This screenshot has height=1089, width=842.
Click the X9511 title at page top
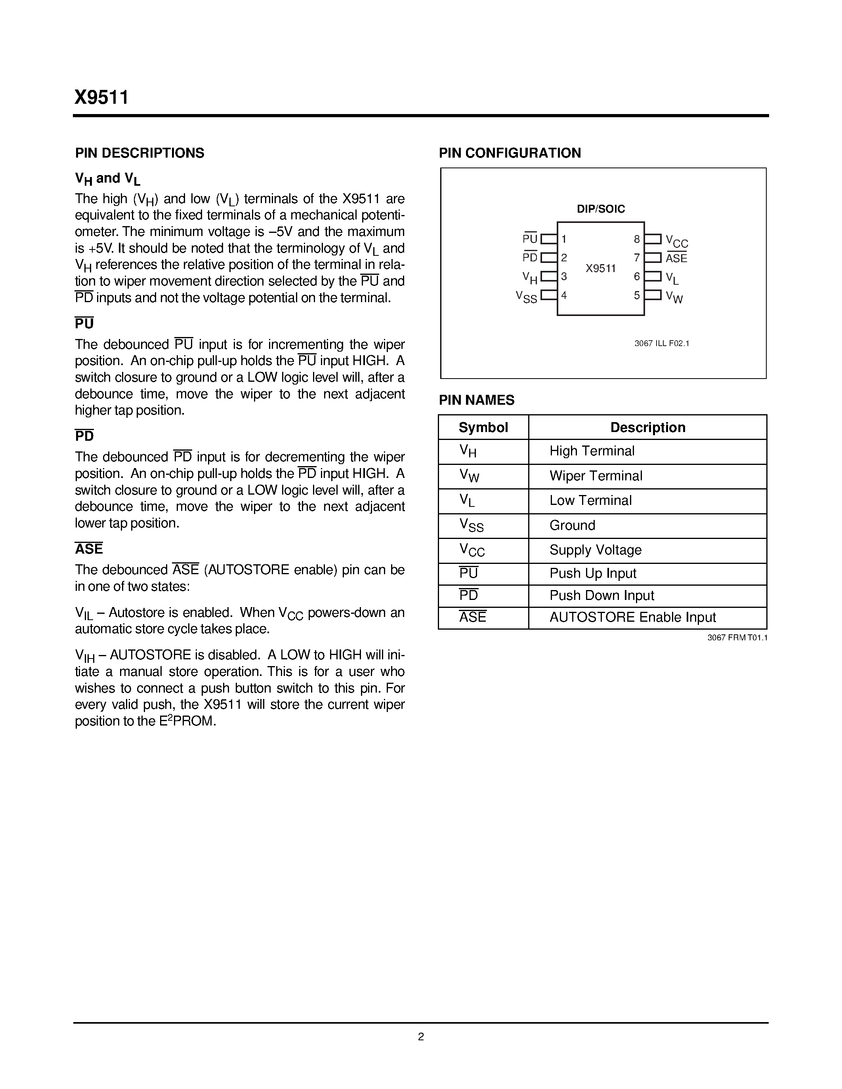pos(102,97)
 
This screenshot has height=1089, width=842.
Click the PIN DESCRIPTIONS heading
pos(139,153)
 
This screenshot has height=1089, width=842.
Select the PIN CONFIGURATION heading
pos(510,153)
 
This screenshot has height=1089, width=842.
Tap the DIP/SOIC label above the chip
pos(601,209)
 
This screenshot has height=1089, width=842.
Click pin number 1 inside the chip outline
pos(564,239)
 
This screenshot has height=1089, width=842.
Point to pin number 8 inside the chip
pos(636,239)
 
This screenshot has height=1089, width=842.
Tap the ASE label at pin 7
pos(676,258)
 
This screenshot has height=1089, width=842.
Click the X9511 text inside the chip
pos(601,269)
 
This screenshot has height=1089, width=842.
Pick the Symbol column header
pos(483,427)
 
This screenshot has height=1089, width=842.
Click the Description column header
pos(647,427)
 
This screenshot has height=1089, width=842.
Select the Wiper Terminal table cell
pos(596,476)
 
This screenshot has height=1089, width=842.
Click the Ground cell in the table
pos(572,525)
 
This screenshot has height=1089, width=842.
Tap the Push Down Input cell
pos(601,595)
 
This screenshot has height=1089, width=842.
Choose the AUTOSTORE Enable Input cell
pos(632,617)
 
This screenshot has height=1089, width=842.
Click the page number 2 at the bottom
pos(420,1037)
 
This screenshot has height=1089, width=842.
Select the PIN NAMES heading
pos(476,400)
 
